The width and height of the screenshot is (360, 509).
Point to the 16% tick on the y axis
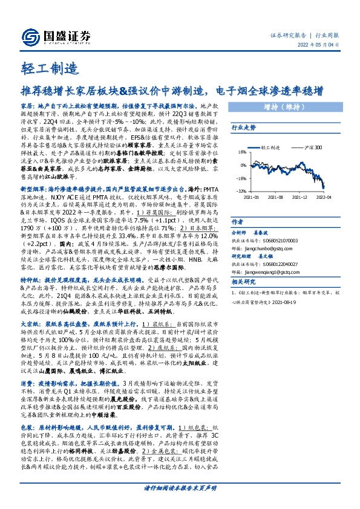click(x=241, y=152)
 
